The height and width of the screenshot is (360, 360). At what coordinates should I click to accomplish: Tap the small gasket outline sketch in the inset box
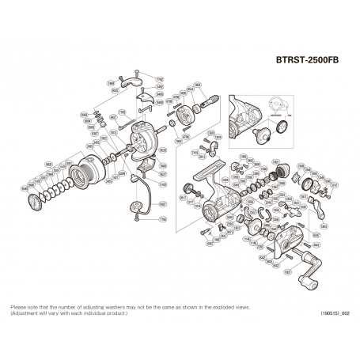(x=273, y=104)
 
